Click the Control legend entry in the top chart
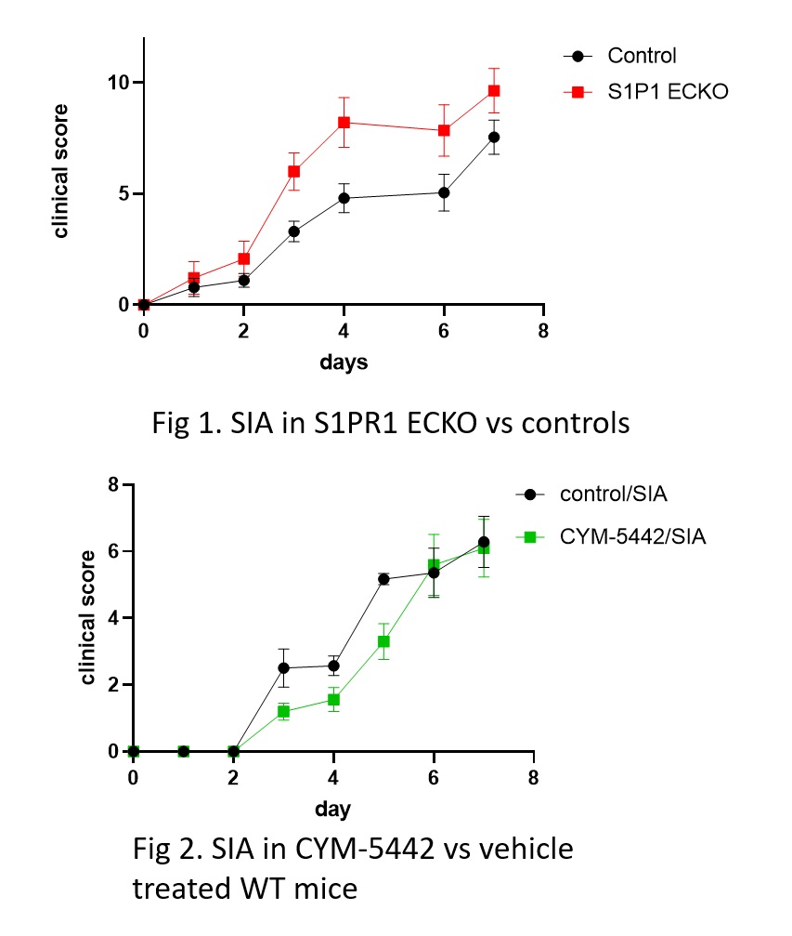tap(642, 56)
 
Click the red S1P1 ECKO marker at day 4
tap(344, 122)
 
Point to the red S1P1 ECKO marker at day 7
tap(494, 90)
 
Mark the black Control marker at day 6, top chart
tap(444, 192)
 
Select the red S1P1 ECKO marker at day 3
tap(293, 171)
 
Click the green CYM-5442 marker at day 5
tap(383, 641)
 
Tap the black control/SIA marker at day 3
tap(283, 667)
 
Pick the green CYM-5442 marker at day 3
tap(283, 711)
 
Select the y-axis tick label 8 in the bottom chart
tap(113, 484)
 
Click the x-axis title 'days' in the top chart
tap(343, 363)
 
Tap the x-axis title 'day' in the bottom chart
tap(331, 809)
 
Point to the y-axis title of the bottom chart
tap(88, 617)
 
